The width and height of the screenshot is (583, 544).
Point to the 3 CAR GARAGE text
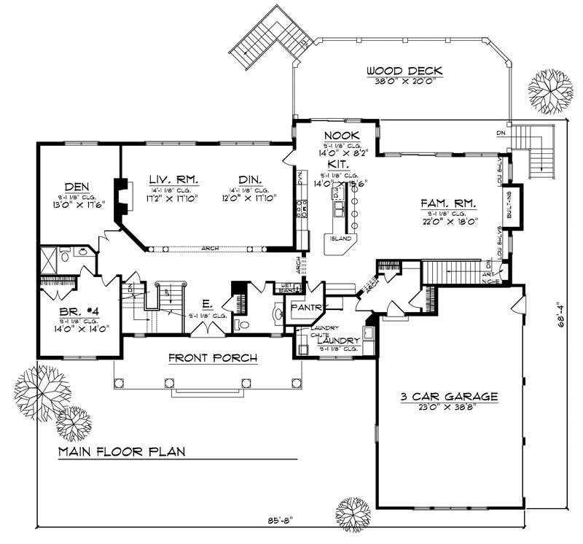[448, 397]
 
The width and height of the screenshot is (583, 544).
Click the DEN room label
[76, 186]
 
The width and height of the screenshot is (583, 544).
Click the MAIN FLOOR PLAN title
[122, 451]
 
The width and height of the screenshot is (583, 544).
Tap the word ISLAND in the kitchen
[341, 238]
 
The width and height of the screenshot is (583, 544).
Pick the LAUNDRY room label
[338, 341]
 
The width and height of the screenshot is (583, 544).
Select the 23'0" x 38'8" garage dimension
[448, 409]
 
